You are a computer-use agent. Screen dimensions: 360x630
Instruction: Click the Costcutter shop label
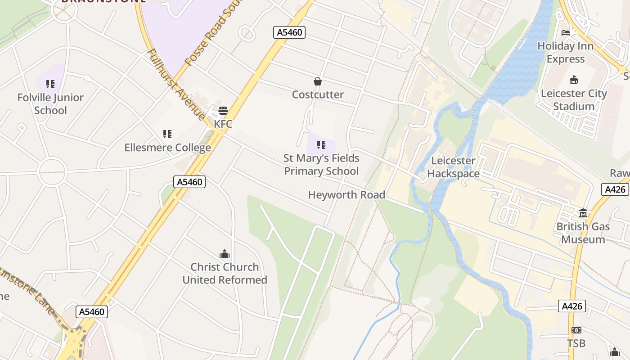(318, 94)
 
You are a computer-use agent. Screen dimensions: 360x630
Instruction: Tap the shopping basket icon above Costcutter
(318, 81)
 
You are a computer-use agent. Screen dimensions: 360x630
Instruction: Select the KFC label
(223, 124)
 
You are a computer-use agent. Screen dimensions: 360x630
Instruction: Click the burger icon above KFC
(223, 111)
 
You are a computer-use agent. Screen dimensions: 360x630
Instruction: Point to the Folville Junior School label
(50, 104)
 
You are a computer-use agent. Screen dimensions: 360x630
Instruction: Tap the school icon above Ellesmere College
(167, 134)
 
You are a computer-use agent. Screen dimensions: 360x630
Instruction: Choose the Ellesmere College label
(167, 148)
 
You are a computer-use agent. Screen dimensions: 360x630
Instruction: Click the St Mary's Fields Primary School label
(321, 165)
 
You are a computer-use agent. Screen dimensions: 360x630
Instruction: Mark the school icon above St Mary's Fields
(321, 145)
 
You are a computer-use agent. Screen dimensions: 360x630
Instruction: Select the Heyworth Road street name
(346, 195)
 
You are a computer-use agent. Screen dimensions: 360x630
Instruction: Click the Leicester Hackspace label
(453, 167)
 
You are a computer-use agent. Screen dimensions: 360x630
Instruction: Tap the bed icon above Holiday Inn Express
(566, 33)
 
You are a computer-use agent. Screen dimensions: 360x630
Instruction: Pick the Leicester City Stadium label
(574, 100)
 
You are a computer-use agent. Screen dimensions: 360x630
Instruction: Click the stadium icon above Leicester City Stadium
(574, 81)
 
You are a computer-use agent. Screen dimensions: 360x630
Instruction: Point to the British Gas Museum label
(583, 233)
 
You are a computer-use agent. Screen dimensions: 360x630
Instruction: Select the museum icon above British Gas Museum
(583, 213)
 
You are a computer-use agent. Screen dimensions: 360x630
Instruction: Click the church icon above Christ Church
(225, 254)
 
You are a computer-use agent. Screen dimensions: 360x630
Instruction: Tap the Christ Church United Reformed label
(225, 273)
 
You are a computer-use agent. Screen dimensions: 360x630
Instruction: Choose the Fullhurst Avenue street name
(176, 84)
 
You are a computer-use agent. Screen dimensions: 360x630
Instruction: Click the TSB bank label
(576, 343)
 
